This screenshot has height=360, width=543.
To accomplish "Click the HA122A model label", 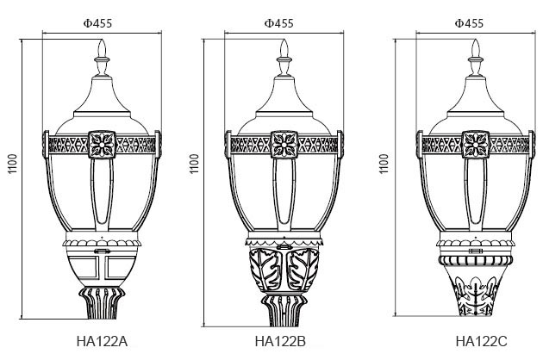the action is (102, 341).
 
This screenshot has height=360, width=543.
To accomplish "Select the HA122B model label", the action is (280, 341).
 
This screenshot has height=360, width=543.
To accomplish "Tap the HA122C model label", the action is (481, 341).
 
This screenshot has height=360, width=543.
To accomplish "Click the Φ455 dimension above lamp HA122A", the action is (97, 23).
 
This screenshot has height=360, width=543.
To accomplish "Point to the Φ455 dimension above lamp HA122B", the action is (278, 23).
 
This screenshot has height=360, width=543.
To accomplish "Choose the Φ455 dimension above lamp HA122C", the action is (469, 23).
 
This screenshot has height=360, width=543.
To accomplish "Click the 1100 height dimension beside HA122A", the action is (12, 164).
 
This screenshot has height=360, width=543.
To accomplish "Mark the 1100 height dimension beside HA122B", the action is (194, 164).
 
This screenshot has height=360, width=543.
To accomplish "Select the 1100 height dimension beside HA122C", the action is (384, 164).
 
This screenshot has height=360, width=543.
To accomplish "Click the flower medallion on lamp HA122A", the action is (102, 145).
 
